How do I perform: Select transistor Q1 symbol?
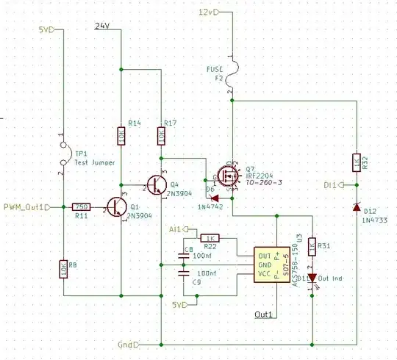pos(115,207)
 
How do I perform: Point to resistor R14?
pos(120,136)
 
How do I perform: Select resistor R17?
pos(160,136)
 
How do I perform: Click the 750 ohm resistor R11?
pos(82,207)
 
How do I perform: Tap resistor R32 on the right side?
pos(356,163)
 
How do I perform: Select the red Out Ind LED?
pos(312,278)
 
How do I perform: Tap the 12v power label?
pos(209,12)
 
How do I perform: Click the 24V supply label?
pos(103,26)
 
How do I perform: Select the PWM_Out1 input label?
pos(25,207)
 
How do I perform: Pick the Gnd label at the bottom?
pos(126,344)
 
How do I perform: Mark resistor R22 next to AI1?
pos(211,238)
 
